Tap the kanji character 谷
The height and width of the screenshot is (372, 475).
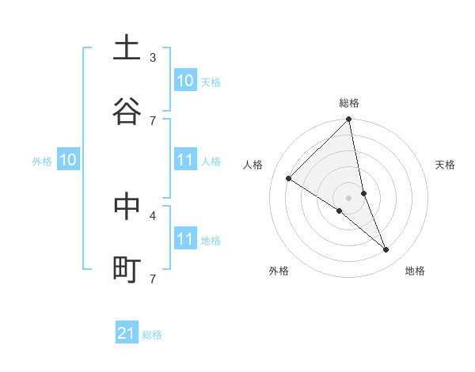pos(127,111)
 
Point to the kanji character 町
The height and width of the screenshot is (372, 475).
pos(127,269)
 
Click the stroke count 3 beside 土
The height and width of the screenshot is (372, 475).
pos(153,57)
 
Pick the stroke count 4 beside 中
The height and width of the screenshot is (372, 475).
pos(153,215)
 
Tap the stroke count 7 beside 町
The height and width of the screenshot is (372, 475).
pos(153,279)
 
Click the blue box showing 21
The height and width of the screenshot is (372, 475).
pos(127,333)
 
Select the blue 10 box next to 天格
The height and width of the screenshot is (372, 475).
pos(184,81)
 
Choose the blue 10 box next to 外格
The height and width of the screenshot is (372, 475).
pos(67,161)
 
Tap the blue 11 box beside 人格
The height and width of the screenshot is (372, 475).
pos(184,161)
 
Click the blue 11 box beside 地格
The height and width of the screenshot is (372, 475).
pos(184,239)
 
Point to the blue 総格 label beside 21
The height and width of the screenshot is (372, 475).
pos(152,335)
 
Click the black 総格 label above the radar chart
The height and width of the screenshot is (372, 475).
pos(349,103)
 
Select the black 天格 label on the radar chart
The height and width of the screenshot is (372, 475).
pos(446,165)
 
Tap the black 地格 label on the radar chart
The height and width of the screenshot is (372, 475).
pos(415,271)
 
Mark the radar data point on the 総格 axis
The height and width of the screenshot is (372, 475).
pos(349,120)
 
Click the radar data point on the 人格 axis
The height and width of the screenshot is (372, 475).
pos(289,179)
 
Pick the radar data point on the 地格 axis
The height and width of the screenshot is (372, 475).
pos(386,249)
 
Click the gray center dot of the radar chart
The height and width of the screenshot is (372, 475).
pos(349,197)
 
